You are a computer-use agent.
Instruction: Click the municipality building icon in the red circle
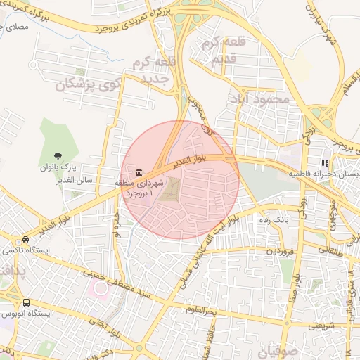click(x=139, y=172)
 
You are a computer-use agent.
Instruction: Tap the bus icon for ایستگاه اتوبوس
click(x=25, y=303)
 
